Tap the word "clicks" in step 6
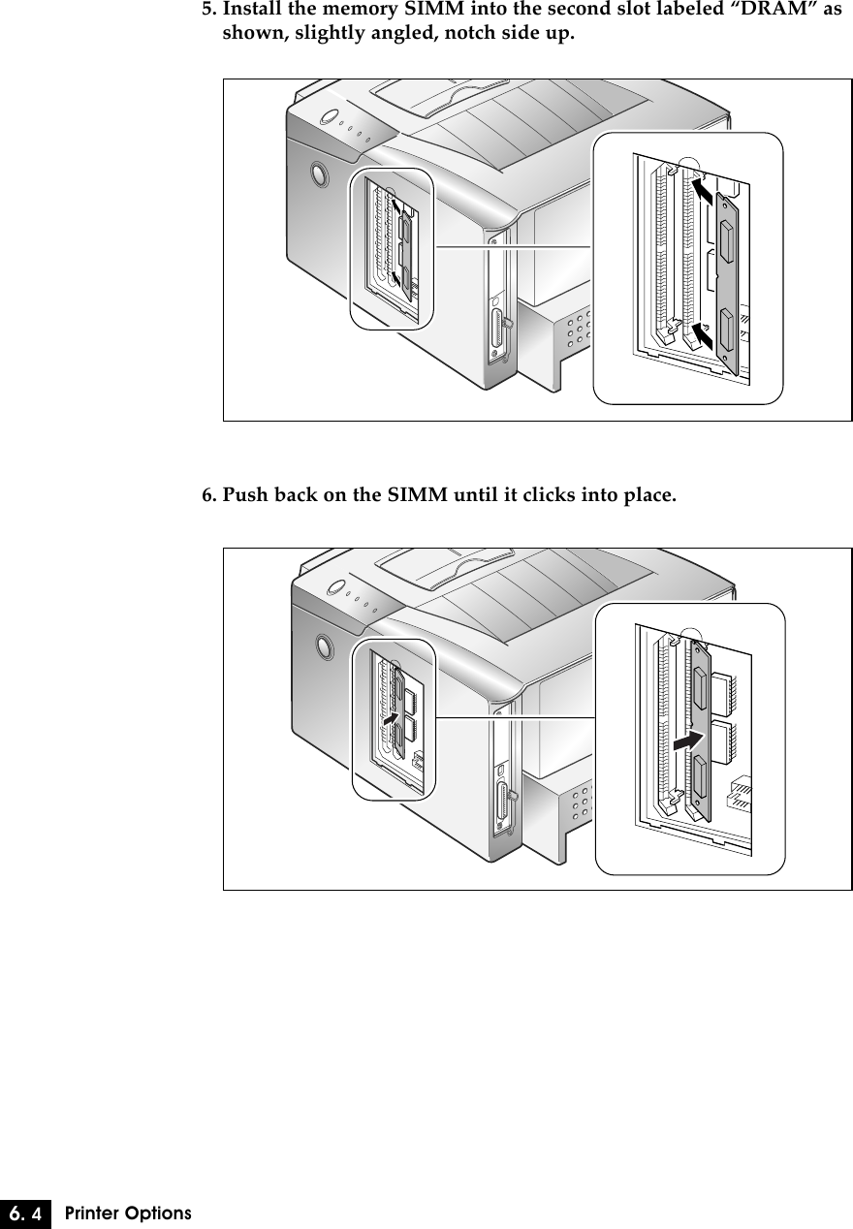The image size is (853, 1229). [543, 496]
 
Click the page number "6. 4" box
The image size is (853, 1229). [26, 1213]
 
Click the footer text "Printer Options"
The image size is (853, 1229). [128, 1213]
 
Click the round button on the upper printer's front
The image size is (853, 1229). [316, 174]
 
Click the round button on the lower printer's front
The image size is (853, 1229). [321, 646]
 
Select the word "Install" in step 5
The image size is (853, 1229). [252, 12]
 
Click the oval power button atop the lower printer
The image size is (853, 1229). [335, 587]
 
